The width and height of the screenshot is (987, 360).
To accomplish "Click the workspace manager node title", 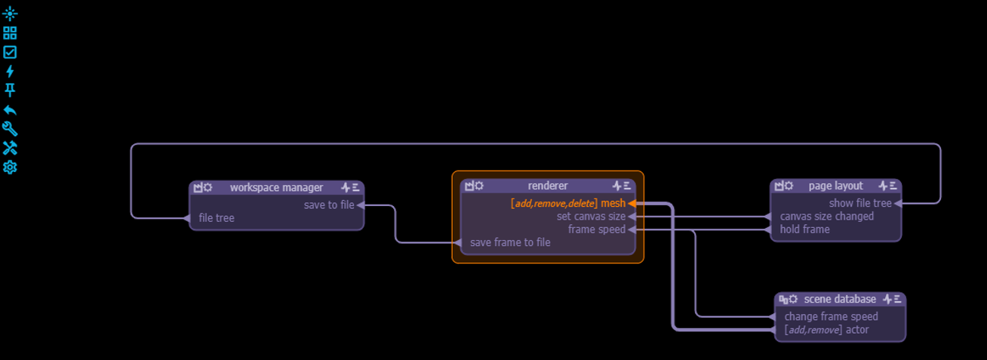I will click(x=276, y=187).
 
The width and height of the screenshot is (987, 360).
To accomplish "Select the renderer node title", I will click(x=548, y=186).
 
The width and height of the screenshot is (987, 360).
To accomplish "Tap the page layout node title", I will click(x=835, y=186).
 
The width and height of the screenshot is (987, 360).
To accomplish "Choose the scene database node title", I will click(x=840, y=300).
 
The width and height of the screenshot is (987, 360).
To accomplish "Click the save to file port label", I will click(x=329, y=205).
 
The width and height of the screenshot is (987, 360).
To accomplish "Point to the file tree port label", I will click(x=217, y=218).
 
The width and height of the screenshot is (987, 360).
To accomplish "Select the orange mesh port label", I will click(x=613, y=203).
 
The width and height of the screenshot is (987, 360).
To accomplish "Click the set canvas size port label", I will click(x=591, y=217).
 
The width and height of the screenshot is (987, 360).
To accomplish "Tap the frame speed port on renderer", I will click(x=596, y=229).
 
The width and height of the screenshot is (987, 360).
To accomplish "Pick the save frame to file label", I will click(x=510, y=242).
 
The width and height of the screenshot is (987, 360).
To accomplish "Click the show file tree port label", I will click(x=860, y=203).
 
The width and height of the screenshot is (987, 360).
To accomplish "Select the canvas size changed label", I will click(x=827, y=217).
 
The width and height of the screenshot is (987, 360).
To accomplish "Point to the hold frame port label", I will click(x=804, y=229).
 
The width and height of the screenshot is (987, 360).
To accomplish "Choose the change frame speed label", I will click(x=831, y=317).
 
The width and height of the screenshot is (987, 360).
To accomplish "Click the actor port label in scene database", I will click(x=856, y=330).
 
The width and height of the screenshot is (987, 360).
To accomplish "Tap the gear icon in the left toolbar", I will click(x=10, y=167).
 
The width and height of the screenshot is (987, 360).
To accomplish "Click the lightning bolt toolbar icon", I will click(x=10, y=71).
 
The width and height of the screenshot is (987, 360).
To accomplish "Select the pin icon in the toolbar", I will click(x=10, y=90).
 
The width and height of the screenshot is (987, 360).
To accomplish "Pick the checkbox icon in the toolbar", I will click(x=10, y=52).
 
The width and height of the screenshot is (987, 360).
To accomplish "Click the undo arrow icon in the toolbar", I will click(x=10, y=109).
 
